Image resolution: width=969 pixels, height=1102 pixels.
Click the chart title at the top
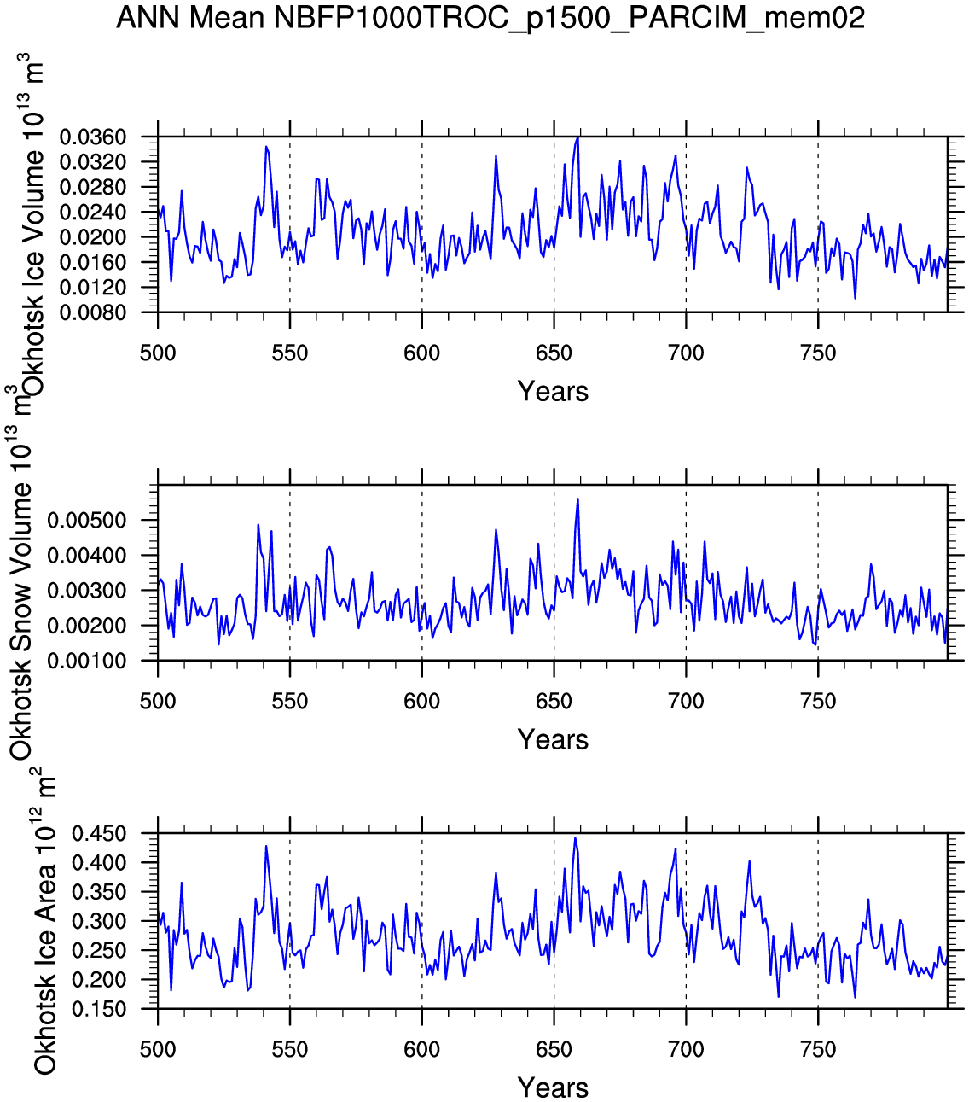490,17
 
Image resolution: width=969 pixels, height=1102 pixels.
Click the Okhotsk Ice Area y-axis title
44,922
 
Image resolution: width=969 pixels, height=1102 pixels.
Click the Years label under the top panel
553,392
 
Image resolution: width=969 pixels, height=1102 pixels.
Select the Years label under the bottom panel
553,1088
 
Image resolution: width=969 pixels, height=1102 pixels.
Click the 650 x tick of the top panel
554,353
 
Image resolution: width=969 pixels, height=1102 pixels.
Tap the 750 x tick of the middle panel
818,702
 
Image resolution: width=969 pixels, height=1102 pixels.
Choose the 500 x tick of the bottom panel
158,1050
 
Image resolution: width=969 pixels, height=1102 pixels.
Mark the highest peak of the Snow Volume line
577,499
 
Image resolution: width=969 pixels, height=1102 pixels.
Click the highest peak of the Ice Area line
575,837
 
